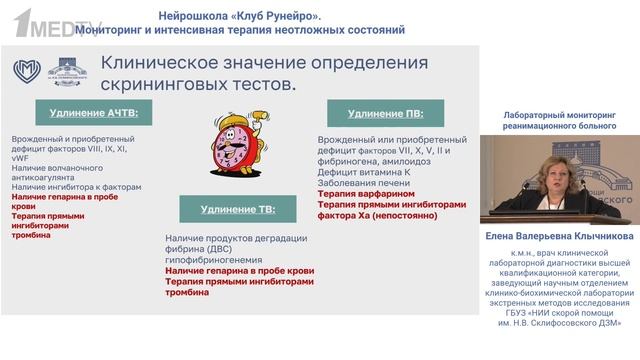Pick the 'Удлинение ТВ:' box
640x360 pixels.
[x=238, y=209]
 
